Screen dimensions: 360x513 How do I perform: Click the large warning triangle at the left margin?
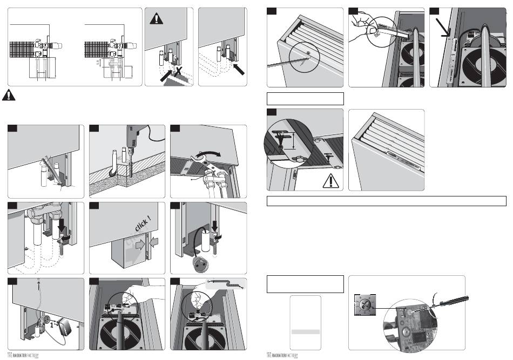point(9,94)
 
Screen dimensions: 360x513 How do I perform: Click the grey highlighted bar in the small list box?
point(306,331)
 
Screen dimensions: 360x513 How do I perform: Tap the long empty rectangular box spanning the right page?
point(387,201)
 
